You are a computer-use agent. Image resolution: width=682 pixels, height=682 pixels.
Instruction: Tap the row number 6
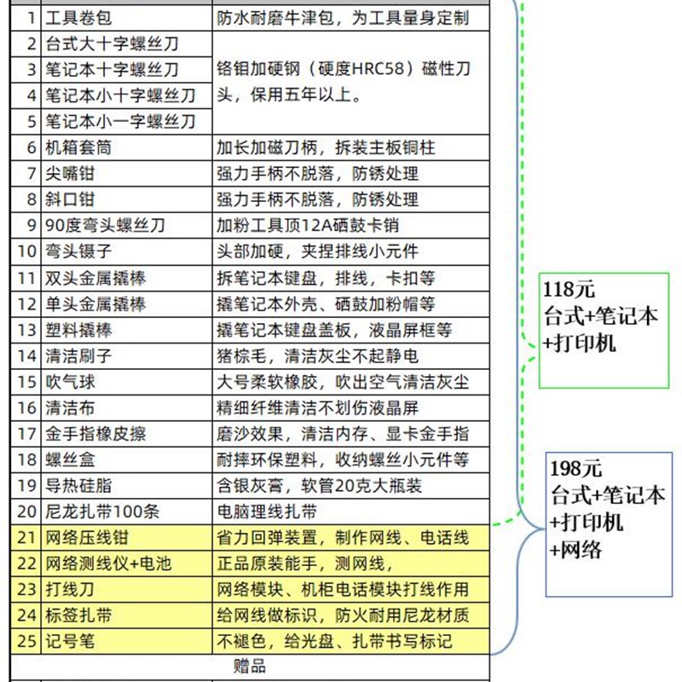(32, 147)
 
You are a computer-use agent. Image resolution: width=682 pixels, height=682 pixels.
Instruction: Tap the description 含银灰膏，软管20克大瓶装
(320, 486)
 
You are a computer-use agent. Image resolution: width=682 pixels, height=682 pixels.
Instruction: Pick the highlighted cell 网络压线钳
(88, 538)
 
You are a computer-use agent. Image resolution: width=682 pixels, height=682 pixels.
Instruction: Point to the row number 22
(28, 564)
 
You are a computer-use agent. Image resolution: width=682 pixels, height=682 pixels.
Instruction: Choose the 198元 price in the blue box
(575, 468)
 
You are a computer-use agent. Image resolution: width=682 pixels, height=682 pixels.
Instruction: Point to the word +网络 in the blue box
(576, 550)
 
